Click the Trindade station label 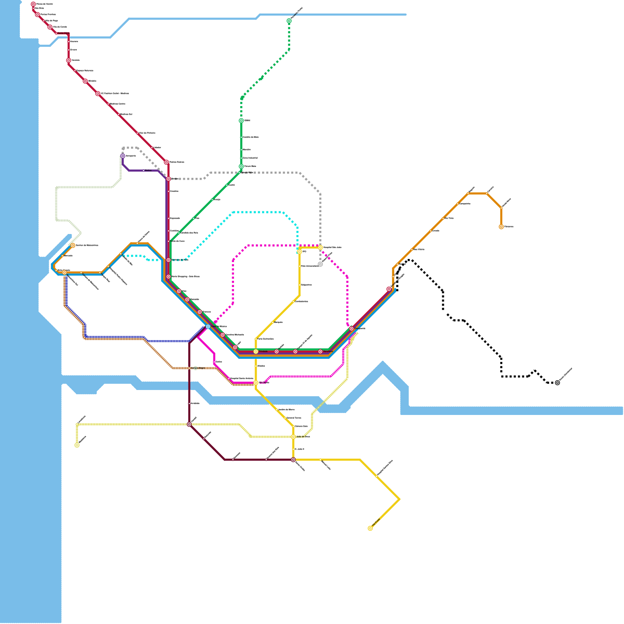pos(263,351)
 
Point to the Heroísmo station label pos(328,351)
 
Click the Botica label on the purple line pos(148,170)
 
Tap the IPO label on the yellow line pos(304,252)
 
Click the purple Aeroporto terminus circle pos(123,156)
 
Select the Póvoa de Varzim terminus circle pos(33,4)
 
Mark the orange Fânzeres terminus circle pos(501,227)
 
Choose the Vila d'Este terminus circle pos(370,528)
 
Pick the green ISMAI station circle pos(241,121)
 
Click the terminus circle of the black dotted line pos(557,383)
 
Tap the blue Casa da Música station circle pos(208,326)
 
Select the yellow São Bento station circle pos(256,383)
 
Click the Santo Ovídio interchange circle pos(293,460)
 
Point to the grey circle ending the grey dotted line pos(320,264)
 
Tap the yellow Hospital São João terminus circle pos(320,247)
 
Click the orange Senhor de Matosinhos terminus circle pos(73,245)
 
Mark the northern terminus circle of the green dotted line pos(289,21)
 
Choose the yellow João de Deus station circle pos(293,437)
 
